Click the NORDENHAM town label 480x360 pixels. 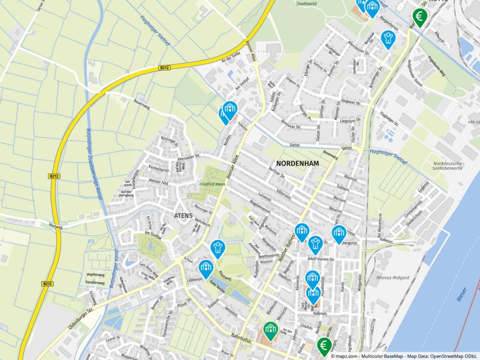click(x=298, y=164)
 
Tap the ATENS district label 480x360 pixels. click(x=183, y=216)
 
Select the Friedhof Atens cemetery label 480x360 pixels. click(x=212, y=184)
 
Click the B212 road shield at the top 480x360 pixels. click(x=164, y=68)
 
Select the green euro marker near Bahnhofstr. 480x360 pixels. click(x=323, y=345)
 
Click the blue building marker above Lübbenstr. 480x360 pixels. click(x=205, y=267)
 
